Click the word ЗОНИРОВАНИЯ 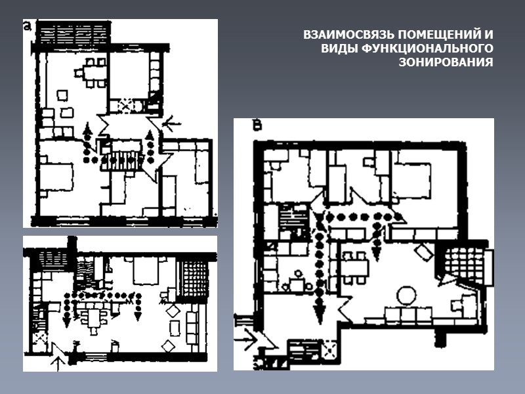point(446,62)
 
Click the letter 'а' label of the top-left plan point(28,26)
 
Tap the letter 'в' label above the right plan point(257,126)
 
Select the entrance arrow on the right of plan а point(171,124)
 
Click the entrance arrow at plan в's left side point(246,339)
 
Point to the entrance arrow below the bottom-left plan point(58,363)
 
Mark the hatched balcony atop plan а point(73,32)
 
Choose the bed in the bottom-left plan point(146,270)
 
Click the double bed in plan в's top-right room point(413,177)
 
